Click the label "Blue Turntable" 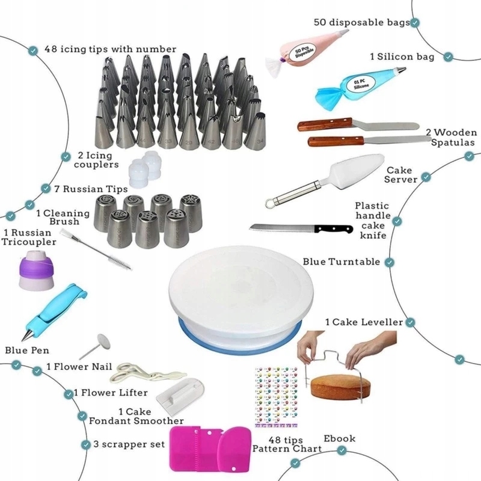click(x=341, y=262)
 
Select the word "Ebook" click(x=340, y=438)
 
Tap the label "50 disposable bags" click(x=361, y=22)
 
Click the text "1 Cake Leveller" click(x=364, y=322)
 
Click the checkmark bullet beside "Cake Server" click(x=426, y=177)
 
